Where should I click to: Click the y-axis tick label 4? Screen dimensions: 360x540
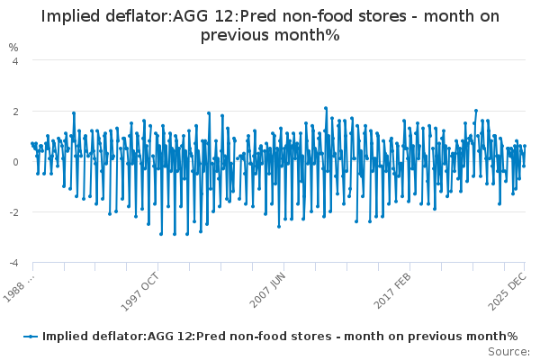coord(14,61)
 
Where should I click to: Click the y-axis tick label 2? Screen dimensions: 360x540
coord(14,112)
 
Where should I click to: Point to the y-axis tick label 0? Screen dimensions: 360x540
coord(14,162)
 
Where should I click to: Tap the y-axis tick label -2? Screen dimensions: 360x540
coord(12,212)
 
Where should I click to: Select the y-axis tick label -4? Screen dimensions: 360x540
coord(12,263)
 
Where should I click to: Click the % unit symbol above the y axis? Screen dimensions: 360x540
coord(13,47)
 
